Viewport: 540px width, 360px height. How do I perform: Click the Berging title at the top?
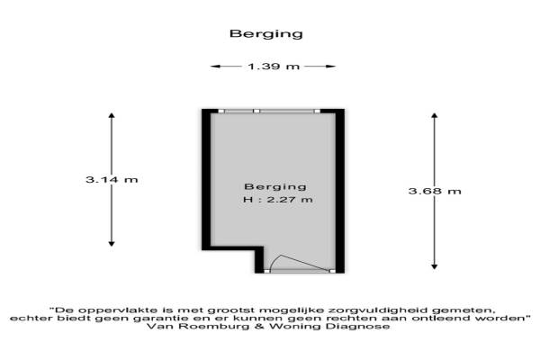tap(266, 34)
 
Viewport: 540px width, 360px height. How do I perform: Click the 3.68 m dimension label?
tap(435, 191)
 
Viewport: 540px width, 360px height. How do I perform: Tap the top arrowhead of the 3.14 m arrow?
tap(112, 116)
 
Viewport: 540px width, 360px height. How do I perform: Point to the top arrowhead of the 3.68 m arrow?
tap(435, 116)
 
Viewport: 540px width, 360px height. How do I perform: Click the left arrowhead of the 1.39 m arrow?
tap(214, 67)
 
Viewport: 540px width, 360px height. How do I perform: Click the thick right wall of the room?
tap(340, 189)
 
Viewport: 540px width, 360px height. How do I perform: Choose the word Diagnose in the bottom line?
tap(364, 328)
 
